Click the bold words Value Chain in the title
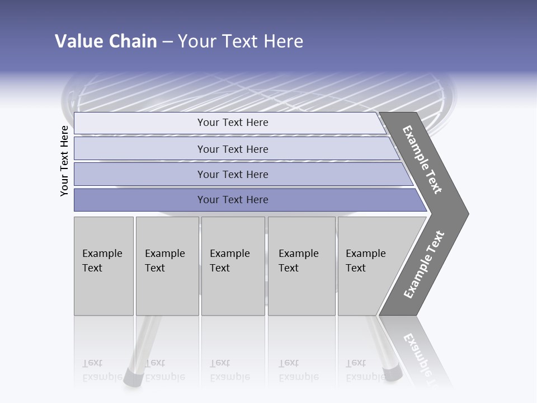click(106, 41)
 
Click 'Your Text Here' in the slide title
click(241, 41)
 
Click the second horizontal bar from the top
click(233, 149)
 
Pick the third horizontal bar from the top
click(233, 174)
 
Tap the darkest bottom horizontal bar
click(233, 200)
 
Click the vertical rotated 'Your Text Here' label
click(64, 161)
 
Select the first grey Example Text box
click(103, 266)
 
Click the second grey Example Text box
click(167, 266)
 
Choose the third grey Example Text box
click(233, 266)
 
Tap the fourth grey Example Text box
click(302, 266)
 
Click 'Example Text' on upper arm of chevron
click(422, 160)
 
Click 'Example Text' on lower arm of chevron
click(424, 265)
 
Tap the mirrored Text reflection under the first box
click(92, 363)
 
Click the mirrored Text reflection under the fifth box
click(356, 363)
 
